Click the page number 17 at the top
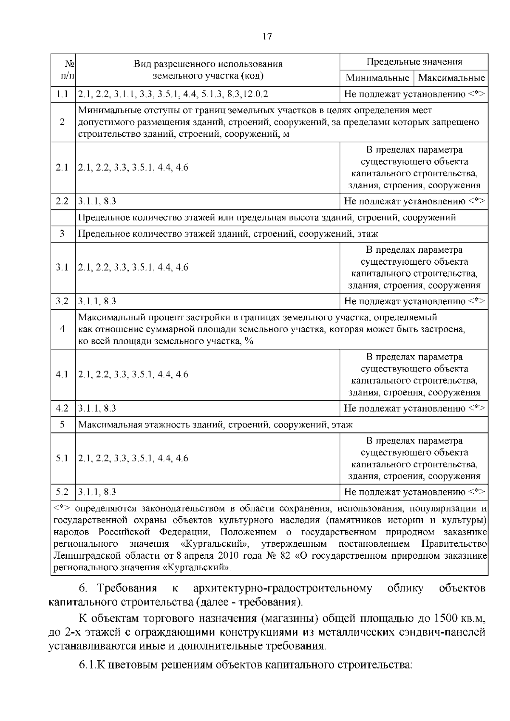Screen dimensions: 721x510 [267, 37]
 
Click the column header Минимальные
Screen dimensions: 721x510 [377, 78]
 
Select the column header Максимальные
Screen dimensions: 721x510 [451, 78]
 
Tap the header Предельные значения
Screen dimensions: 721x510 [414, 62]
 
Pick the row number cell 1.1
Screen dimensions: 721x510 [62, 94]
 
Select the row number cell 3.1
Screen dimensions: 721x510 [62, 268]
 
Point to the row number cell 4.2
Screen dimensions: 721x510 [62, 409]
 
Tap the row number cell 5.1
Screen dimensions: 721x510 [62, 458]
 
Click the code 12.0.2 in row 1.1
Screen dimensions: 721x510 [255, 94]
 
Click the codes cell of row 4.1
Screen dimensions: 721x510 [133, 375]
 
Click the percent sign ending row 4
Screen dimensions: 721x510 [249, 341]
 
